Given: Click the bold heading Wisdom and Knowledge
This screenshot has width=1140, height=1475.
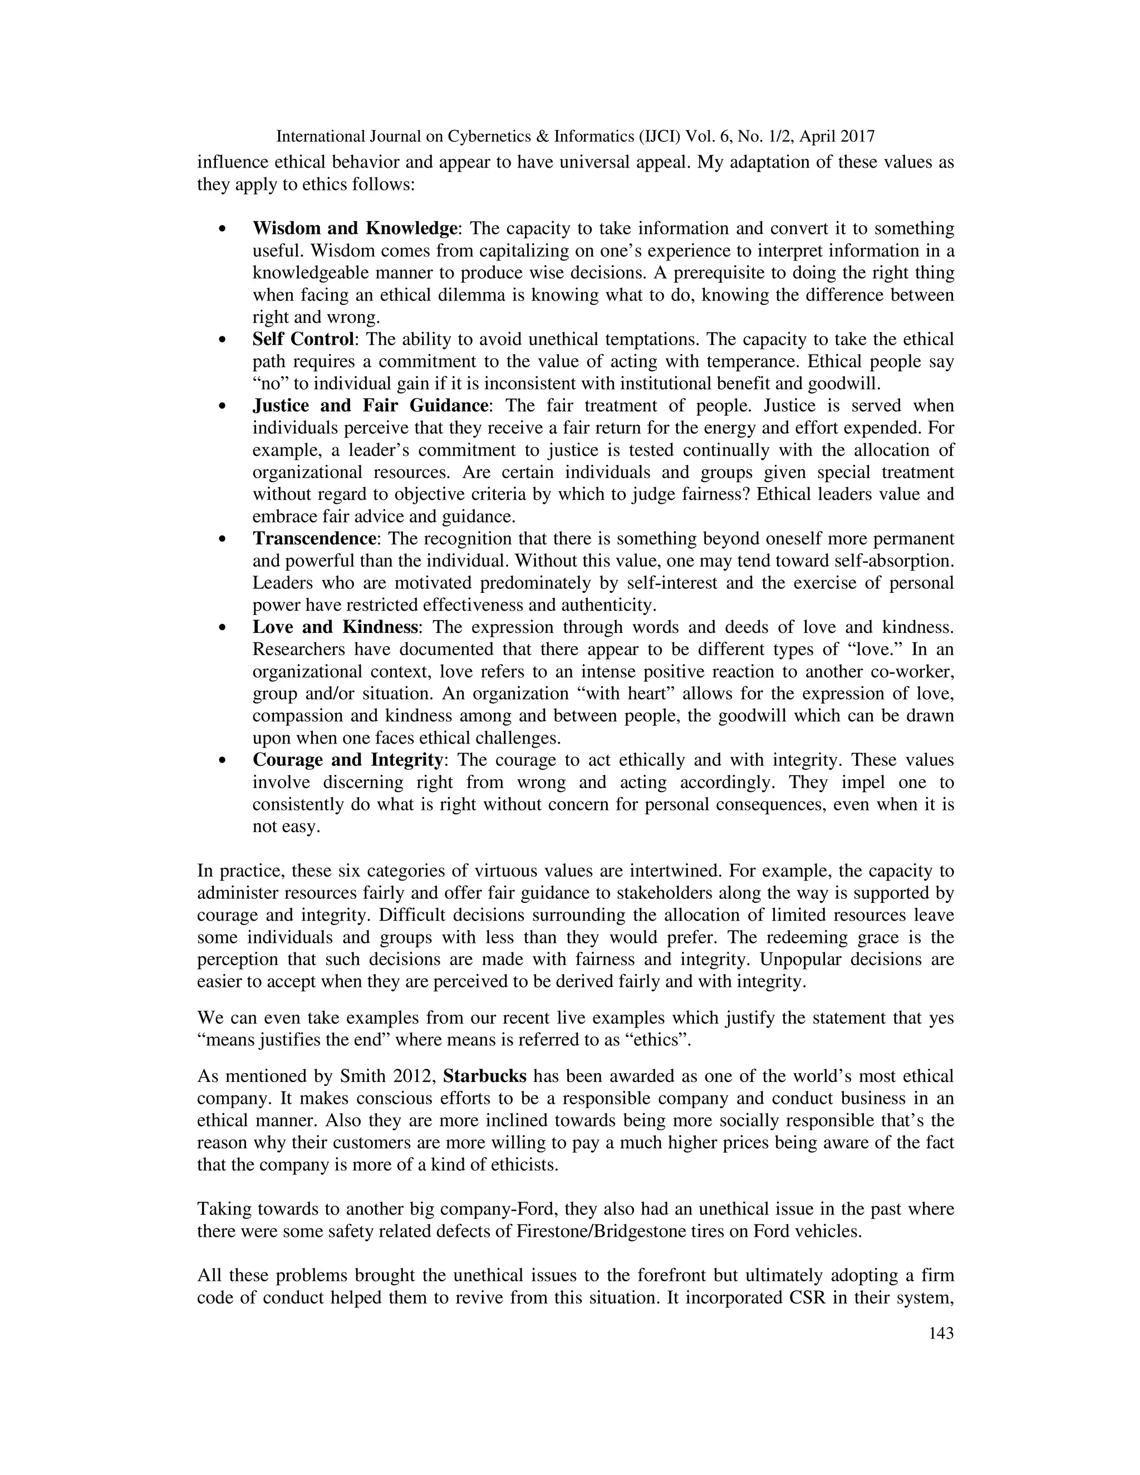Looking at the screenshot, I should [x=355, y=228].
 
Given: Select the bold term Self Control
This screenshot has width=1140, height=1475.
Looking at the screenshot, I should [x=303, y=339].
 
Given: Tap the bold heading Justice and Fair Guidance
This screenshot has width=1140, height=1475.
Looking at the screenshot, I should [x=370, y=405].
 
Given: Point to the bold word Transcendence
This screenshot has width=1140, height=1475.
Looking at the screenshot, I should [x=314, y=538].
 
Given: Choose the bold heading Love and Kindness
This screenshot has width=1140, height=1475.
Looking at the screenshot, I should [x=336, y=627].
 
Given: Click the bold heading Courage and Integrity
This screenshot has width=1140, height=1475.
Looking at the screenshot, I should [x=348, y=760].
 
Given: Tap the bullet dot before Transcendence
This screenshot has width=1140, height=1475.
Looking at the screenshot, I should [x=222, y=539].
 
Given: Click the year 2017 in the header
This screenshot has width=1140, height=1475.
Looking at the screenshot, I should [x=856, y=137].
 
